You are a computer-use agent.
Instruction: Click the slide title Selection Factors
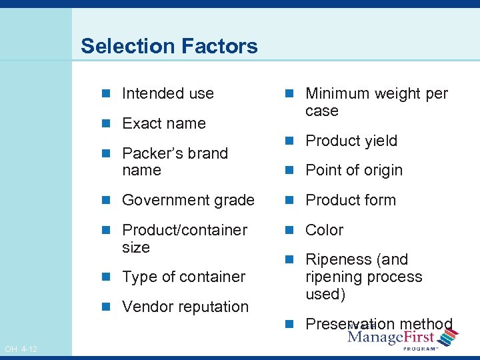(x=169, y=46)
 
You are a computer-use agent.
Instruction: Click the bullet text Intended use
(x=167, y=93)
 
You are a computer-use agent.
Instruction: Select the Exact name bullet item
(x=163, y=123)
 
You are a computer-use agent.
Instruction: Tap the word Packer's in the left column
(x=147, y=153)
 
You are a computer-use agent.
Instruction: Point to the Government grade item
(x=188, y=200)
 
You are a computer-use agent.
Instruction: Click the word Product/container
(x=185, y=230)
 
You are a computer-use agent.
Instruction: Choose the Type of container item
(x=183, y=277)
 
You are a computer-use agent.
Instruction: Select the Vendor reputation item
(x=185, y=307)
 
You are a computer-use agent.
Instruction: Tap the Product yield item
(x=351, y=141)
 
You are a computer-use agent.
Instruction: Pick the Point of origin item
(x=353, y=171)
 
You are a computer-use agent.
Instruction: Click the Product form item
(x=350, y=200)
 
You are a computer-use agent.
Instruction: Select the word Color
(x=324, y=230)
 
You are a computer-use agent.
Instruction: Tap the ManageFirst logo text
(x=391, y=338)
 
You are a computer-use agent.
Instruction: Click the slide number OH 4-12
(x=20, y=349)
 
